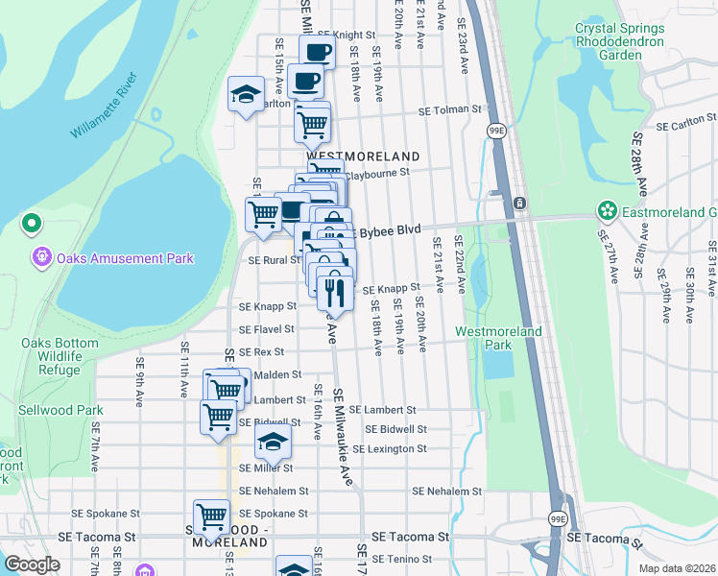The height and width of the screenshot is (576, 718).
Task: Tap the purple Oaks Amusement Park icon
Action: [x=41, y=257]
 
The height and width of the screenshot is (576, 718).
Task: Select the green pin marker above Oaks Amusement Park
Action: [x=31, y=225]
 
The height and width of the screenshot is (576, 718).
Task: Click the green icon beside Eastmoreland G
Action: [x=607, y=210]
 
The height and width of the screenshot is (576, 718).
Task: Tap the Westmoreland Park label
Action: [x=497, y=338]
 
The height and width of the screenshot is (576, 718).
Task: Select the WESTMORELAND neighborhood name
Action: [x=363, y=156]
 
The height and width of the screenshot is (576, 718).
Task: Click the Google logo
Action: [x=32, y=564]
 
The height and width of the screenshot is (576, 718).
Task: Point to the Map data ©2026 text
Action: [x=676, y=568]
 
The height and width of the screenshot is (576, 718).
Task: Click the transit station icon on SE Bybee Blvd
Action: [x=518, y=204]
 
